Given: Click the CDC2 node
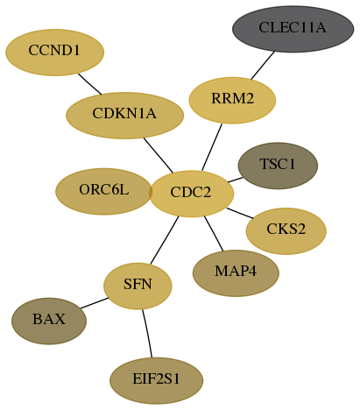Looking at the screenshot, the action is click(x=192, y=194).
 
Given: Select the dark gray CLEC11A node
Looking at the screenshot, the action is click(x=293, y=29).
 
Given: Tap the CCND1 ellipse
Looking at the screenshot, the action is click(x=54, y=53).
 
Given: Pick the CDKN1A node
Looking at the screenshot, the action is click(x=124, y=116).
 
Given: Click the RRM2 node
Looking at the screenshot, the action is click(x=232, y=100).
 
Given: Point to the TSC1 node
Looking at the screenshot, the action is click(x=278, y=166).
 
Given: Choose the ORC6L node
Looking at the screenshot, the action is click(x=103, y=191).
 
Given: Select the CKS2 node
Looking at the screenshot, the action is click(x=286, y=231).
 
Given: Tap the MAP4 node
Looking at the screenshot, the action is click(x=236, y=273).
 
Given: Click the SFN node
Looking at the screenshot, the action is click(x=138, y=286).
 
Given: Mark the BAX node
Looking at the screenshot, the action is click(x=49, y=321).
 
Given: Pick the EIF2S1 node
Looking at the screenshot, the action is click(x=156, y=380).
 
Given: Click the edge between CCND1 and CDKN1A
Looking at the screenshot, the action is click(x=89, y=84).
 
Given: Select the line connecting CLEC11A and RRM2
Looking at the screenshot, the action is click(x=263, y=65).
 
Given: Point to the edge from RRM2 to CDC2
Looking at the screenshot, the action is click(x=212, y=147).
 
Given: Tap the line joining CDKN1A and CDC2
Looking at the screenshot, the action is click(x=159, y=155).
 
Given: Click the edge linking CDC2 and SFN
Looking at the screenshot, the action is click(x=165, y=240).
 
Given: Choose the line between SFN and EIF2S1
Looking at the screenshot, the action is click(x=147, y=333).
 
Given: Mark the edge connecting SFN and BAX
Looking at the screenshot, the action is click(x=95, y=303).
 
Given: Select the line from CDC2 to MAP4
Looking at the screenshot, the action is click(x=214, y=233).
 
